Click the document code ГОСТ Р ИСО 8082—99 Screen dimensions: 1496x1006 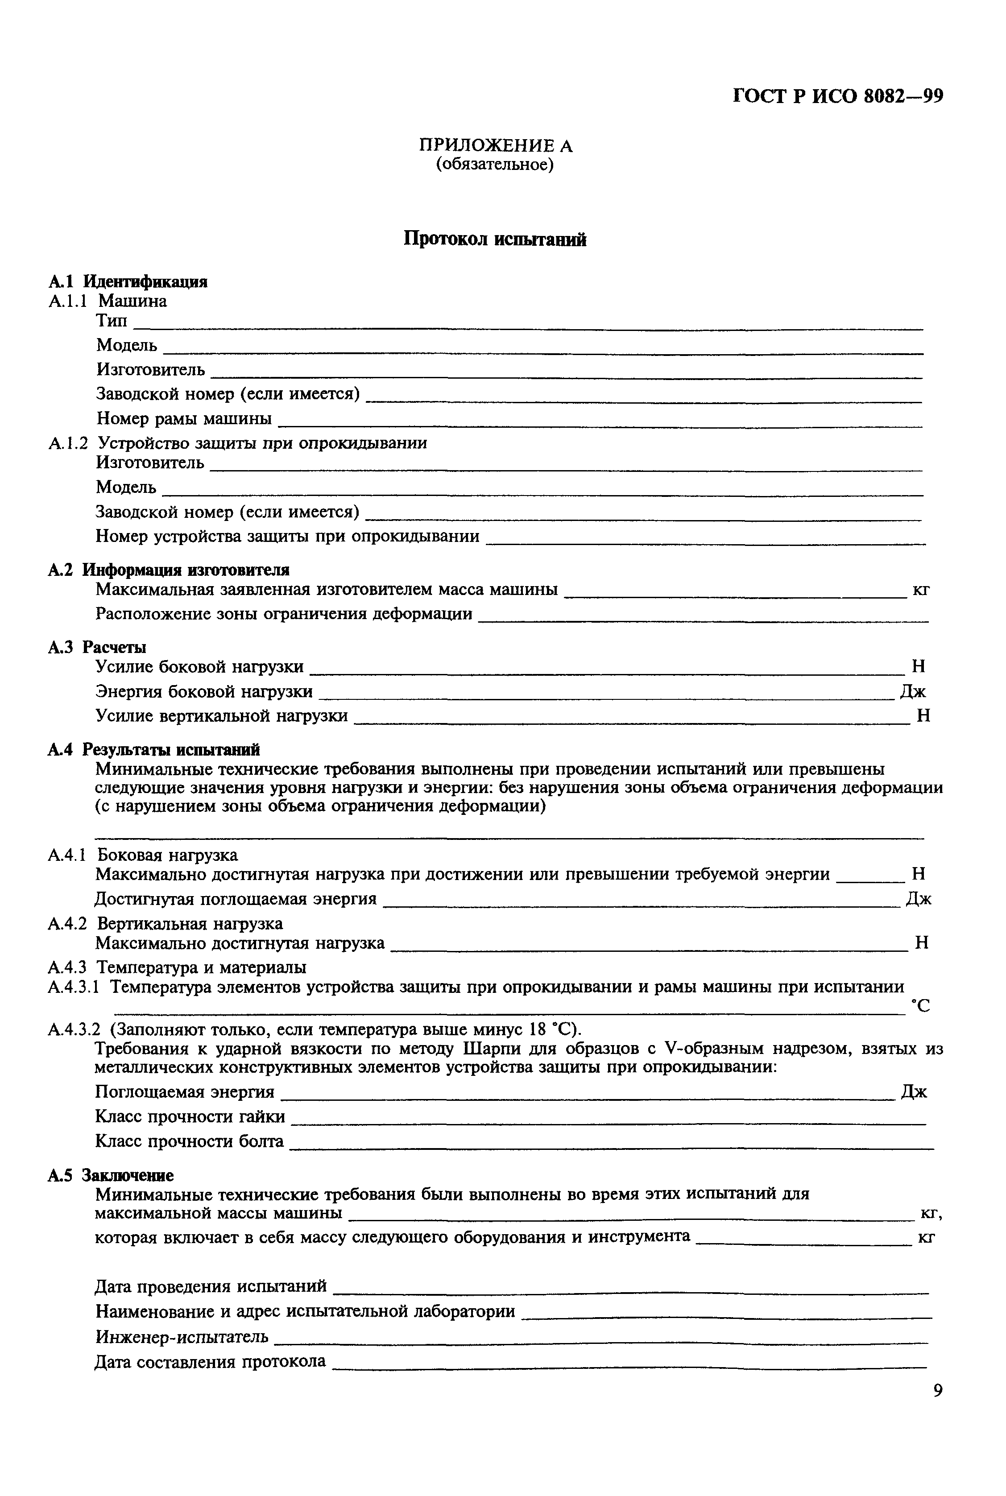point(837,96)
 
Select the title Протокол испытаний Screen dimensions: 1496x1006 point(495,239)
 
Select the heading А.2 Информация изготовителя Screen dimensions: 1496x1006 point(168,570)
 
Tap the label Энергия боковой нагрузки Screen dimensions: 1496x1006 point(204,691)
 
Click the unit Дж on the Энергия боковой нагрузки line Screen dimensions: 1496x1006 point(912,691)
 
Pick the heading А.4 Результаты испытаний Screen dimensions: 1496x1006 point(154,749)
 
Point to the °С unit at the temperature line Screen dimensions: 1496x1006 point(920,1006)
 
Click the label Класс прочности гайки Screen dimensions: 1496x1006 point(190,1117)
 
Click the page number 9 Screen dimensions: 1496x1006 point(938,1390)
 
